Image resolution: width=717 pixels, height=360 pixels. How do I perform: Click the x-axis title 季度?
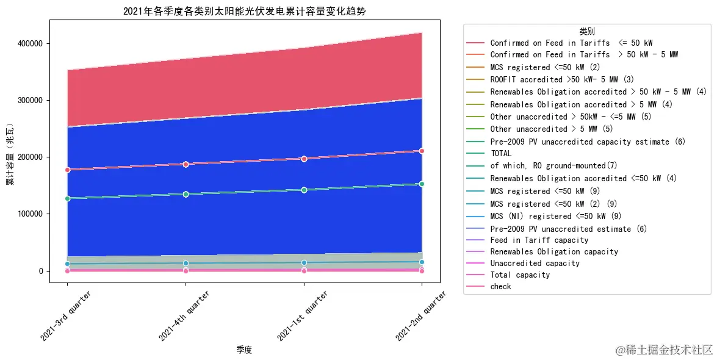point(244,350)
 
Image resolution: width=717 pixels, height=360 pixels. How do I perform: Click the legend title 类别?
point(586,31)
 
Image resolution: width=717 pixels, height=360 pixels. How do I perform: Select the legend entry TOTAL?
point(501,154)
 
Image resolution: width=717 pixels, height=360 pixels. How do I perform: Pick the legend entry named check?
point(500,286)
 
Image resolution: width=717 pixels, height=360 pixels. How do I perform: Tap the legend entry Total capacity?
point(520,275)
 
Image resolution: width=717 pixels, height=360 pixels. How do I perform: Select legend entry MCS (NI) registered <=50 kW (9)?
point(556,216)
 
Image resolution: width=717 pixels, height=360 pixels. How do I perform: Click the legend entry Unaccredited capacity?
point(535,264)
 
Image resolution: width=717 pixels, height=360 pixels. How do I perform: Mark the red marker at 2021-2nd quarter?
point(422,151)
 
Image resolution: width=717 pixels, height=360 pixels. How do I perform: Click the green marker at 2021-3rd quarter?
point(67,198)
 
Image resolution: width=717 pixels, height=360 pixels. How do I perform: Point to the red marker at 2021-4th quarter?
point(186,164)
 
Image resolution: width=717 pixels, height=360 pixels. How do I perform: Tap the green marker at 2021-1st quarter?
point(304,190)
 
